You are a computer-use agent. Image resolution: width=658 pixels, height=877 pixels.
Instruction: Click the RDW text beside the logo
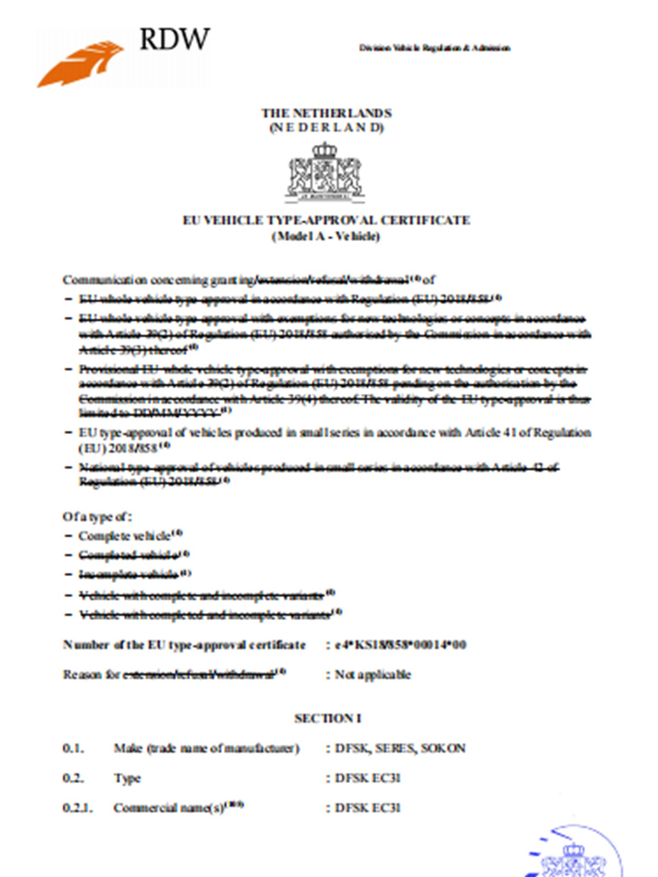[174, 39]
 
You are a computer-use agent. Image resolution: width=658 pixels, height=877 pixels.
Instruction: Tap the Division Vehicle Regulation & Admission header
[434, 48]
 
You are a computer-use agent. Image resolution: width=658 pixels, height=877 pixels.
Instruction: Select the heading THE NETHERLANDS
[326, 113]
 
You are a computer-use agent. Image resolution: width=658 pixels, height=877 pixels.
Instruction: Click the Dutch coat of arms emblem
[325, 172]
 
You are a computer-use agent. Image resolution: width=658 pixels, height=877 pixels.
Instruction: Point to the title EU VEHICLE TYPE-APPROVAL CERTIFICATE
[326, 220]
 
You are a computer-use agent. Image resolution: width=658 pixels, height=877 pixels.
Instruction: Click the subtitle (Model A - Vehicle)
[326, 236]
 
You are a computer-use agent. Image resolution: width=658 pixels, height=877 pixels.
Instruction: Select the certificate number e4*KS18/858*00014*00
[400, 645]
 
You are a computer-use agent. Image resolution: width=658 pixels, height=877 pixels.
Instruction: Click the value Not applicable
[373, 675]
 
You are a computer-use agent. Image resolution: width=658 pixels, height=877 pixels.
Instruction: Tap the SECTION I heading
[328, 718]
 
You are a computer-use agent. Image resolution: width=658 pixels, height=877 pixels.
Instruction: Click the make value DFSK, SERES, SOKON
[400, 748]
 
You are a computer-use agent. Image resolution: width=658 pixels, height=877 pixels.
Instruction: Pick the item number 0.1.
[73, 748]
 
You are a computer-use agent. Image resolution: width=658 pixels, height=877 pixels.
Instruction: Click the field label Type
[128, 779]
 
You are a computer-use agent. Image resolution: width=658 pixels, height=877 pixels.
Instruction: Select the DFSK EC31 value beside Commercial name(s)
[368, 808]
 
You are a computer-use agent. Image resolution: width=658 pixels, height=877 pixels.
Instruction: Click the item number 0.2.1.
[78, 808]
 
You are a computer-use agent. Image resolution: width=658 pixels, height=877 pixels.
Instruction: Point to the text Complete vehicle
[124, 536]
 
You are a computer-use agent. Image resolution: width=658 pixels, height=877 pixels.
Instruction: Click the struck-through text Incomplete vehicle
[129, 574]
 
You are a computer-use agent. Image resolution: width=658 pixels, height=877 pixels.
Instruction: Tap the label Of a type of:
[97, 517]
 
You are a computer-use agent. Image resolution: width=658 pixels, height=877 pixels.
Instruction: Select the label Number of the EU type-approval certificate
[184, 645]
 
